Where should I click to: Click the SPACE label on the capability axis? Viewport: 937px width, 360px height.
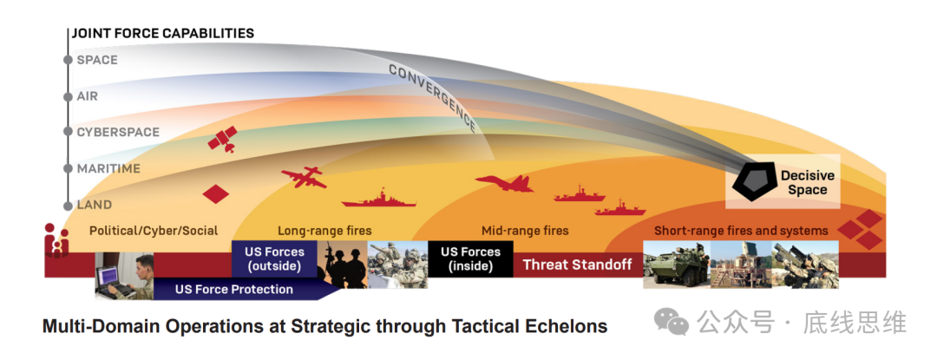coord(97,61)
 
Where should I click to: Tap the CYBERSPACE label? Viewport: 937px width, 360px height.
coord(118,132)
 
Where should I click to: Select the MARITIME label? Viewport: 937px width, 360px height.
coord(108,169)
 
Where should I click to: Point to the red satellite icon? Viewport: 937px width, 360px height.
coord(222,139)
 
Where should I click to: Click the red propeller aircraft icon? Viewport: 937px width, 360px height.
coord(304,177)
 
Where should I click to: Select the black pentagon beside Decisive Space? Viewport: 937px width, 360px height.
coord(754,181)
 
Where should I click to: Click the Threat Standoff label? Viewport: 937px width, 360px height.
coord(577,265)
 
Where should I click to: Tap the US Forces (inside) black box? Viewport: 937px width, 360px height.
coord(470,259)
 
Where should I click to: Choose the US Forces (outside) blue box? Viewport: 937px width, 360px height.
coord(274,259)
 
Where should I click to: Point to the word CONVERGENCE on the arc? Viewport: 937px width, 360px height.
coord(432,97)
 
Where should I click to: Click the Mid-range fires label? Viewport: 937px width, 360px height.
coord(525,231)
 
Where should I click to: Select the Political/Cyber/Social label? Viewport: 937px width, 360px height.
coord(154,231)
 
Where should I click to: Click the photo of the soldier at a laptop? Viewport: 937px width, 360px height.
coord(124,275)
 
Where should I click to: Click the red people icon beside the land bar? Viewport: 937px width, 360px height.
coord(56,240)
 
